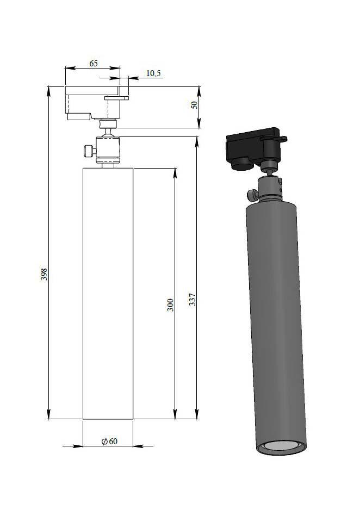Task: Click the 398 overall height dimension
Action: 44,274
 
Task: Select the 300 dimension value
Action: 170,305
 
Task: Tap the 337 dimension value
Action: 192,300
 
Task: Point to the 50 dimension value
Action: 194,104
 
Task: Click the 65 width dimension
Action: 94,63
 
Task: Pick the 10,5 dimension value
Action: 153,73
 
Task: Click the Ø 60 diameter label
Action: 109,441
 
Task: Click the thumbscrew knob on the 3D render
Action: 253,195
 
